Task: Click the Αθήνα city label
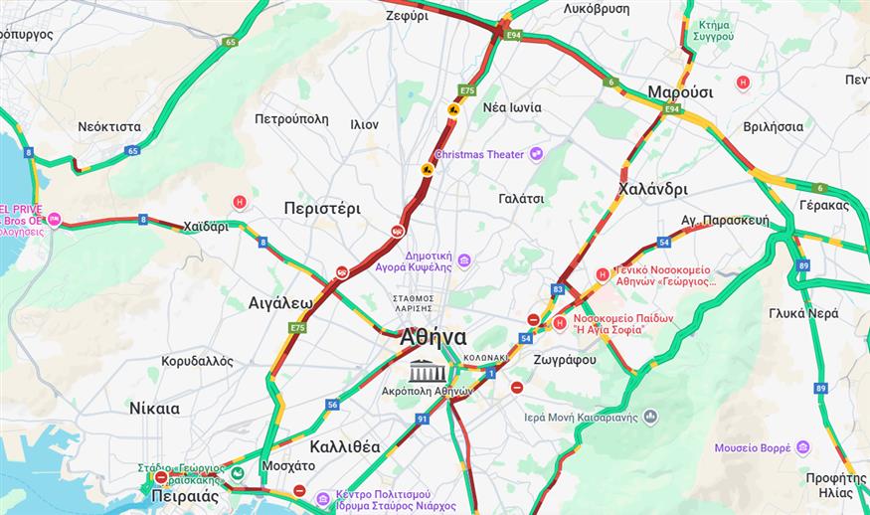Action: tap(433, 338)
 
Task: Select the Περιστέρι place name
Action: tap(321, 209)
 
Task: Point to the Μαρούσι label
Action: tap(680, 91)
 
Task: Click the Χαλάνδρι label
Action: tap(652, 189)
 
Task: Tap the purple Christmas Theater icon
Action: tap(537, 153)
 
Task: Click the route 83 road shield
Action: tap(558, 289)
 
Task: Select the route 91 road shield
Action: tap(423, 420)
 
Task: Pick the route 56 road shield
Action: tap(332, 404)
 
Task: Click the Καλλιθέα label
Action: tap(344, 446)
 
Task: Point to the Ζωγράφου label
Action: tap(564, 360)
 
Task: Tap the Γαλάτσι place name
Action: tap(521, 198)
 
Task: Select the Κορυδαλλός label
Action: tap(197, 361)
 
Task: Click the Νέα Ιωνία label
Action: tap(512, 107)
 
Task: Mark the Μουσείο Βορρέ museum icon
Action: tap(802, 447)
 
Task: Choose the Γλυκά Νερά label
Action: tap(803, 312)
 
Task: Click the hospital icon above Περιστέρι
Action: tap(239, 202)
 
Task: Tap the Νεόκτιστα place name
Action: tap(109, 126)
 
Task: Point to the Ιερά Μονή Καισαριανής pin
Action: tap(650, 417)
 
